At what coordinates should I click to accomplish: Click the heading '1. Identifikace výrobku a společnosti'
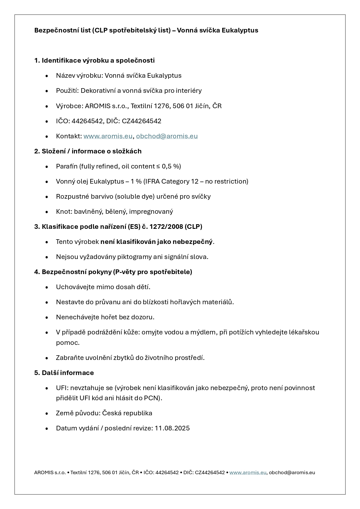tap(94, 60)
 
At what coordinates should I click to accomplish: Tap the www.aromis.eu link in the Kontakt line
tap(108, 136)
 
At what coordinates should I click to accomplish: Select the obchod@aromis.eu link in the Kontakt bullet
tap(167, 136)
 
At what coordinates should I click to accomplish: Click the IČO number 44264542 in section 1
tap(86, 121)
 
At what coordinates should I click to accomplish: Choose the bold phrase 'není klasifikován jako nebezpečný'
tap(156, 242)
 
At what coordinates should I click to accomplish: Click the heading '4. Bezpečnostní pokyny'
tap(113, 272)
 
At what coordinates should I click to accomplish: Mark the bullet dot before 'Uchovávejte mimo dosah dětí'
tap(47, 287)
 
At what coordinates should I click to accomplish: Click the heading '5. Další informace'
tap(64, 373)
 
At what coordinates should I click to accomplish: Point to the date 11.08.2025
tap(172, 428)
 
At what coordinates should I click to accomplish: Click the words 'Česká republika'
tap(127, 413)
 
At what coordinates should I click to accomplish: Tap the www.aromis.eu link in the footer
tap(248, 472)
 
